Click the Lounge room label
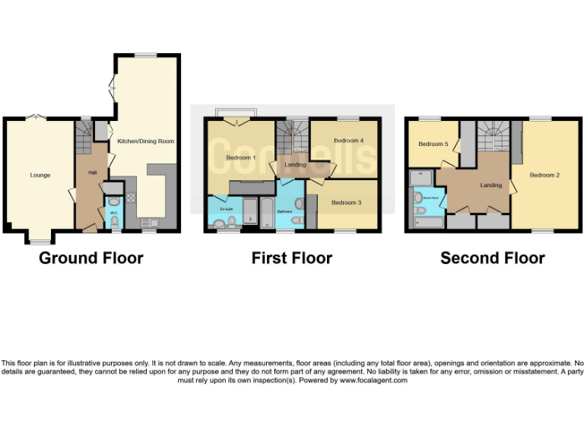(x=40, y=175)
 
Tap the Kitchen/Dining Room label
(x=145, y=141)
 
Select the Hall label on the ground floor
(x=92, y=173)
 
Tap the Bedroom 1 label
(x=241, y=157)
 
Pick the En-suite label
(x=226, y=207)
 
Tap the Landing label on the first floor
(x=295, y=164)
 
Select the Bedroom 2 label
(x=544, y=175)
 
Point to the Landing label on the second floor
(x=490, y=185)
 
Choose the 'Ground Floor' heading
(x=90, y=259)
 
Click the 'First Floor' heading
(x=291, y=259)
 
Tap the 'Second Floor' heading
(x=492, y=259)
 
